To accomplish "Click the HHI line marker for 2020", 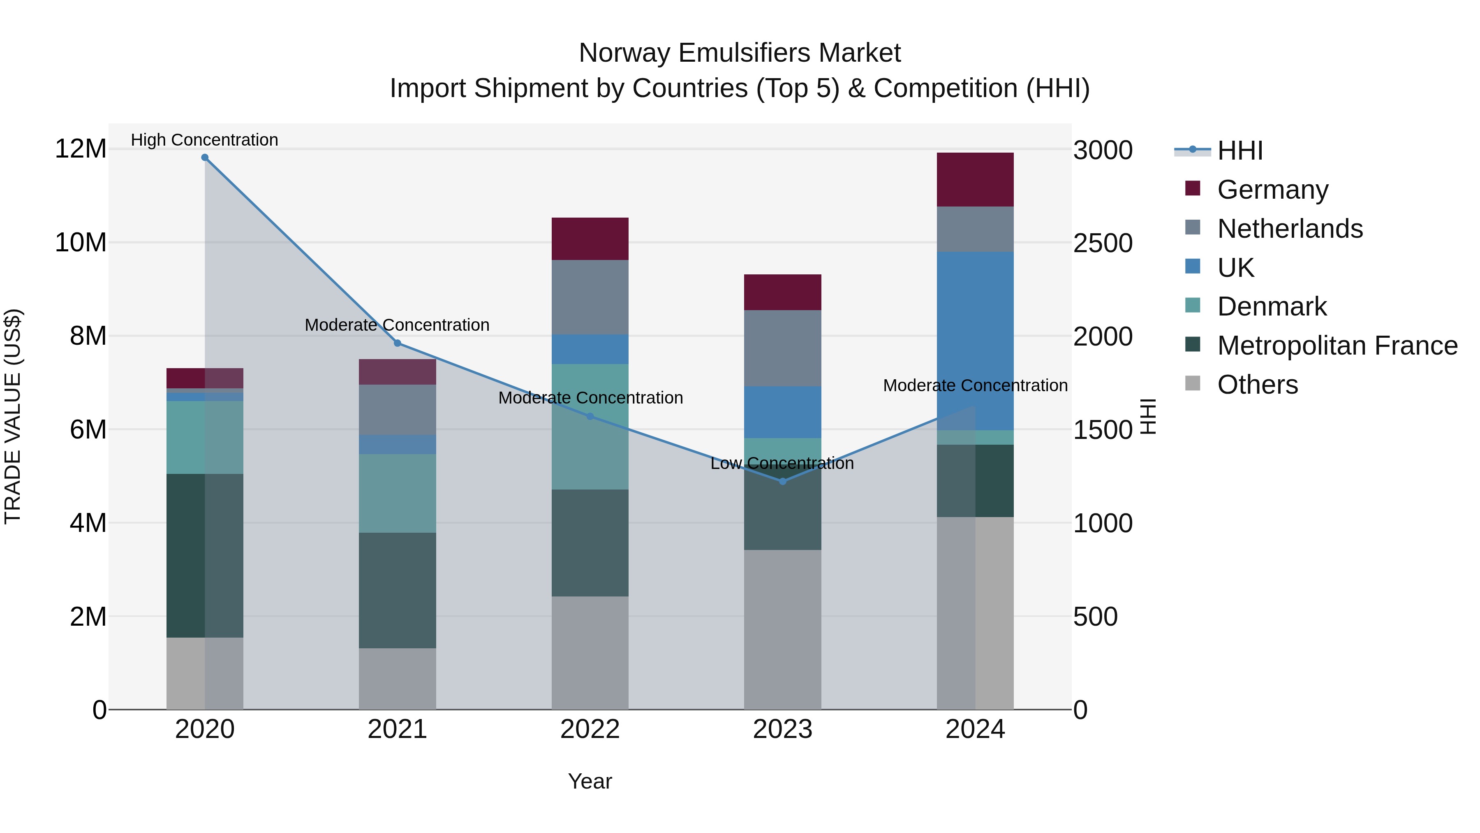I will [x=205, y=158].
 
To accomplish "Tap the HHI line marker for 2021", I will [x=397, y=343].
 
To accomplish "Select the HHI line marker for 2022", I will [x=590, y=416].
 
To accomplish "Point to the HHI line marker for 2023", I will [x=782, y=481].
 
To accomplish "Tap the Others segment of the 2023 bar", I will [x=782, y=629].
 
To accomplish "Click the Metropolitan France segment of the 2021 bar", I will [x=397, y=590].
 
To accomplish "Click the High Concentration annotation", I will [x=205, y=140].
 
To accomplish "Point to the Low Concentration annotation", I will [x=782, y=463].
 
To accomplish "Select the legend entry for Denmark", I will [x=1272, y=306].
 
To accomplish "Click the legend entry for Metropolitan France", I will [x=1337, y=346].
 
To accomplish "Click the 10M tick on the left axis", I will [x=81, y=243].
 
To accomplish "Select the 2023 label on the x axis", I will [x=782, y=729].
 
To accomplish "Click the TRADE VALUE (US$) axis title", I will [x=13, y=416].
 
